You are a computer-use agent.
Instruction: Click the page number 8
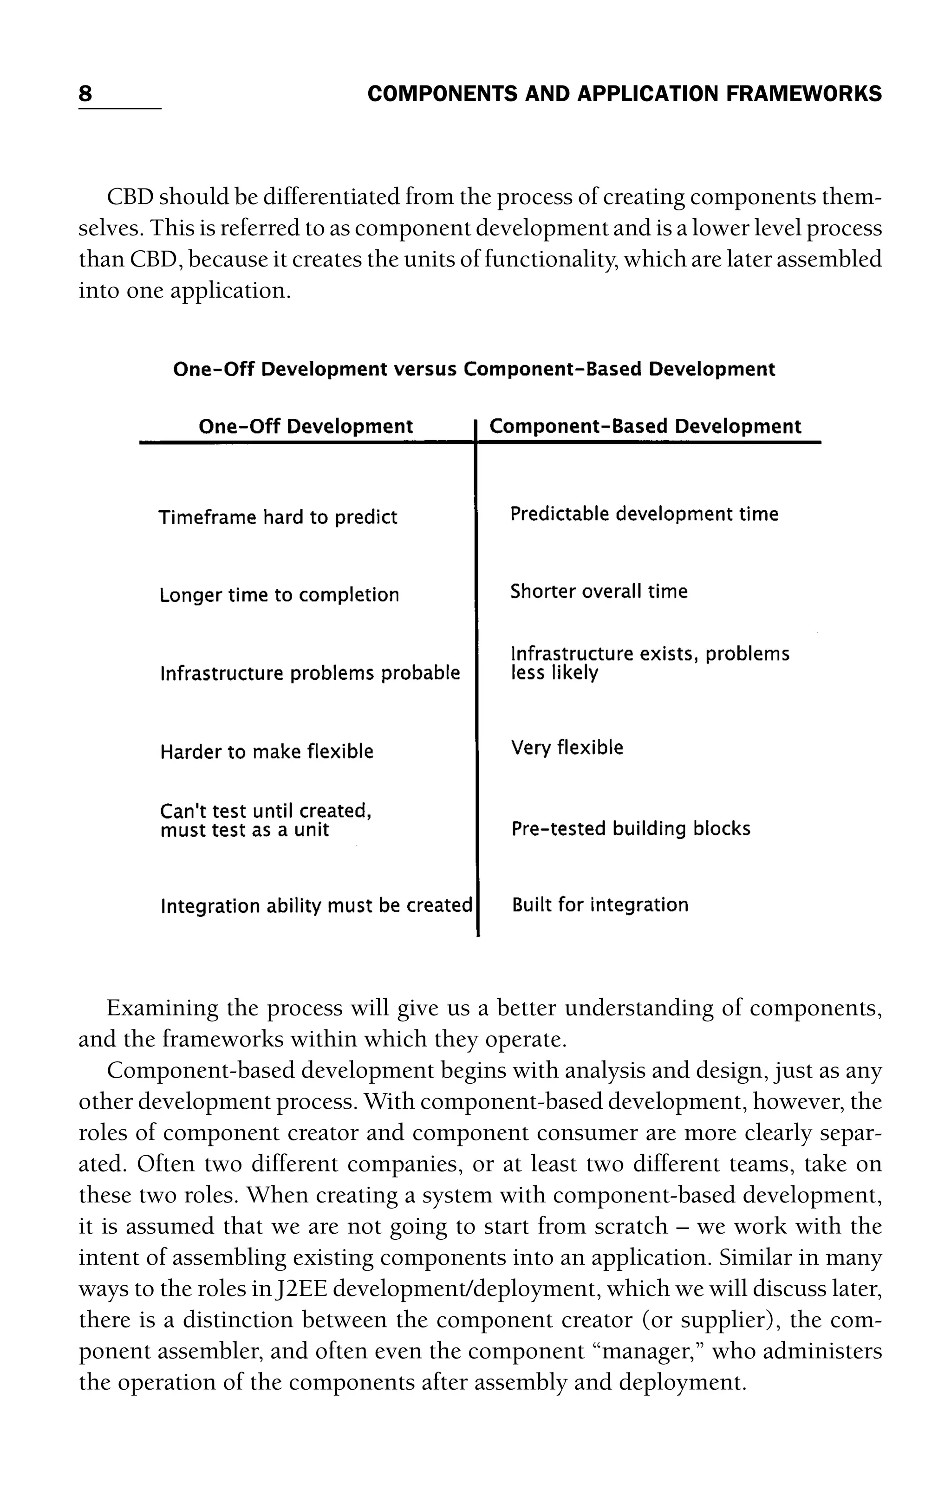pyautogui.click(x=85, y=94)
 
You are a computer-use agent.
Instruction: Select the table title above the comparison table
pyautogui.click(x=474, y=370)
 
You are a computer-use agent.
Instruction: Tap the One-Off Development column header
pyautogui.click(x=305, y=427)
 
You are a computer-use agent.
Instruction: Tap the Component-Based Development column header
pyautogui.click(x=645, y=427)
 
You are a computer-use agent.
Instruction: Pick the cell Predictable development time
pyautogui.click(x=644, y=515)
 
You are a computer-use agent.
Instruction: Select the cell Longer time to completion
pyautogui.click(x=279, y=595)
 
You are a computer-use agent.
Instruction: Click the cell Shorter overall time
pyautogui.click(x=599, y=592)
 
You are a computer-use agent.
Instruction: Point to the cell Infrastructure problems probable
pyautogui.click(x=310, y=673)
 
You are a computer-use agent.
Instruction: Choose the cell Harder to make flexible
pyautogui.click(x=267, y=751)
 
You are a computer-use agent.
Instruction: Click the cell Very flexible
pyautogui.click(x=567, y=748)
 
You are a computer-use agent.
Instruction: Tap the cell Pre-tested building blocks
pyautogui.click(x=630, y=829)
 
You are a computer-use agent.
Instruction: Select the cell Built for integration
pyautogui.click(x=599, y=905)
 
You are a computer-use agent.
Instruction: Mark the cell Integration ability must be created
pyautogui.click(x=316, y=906)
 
